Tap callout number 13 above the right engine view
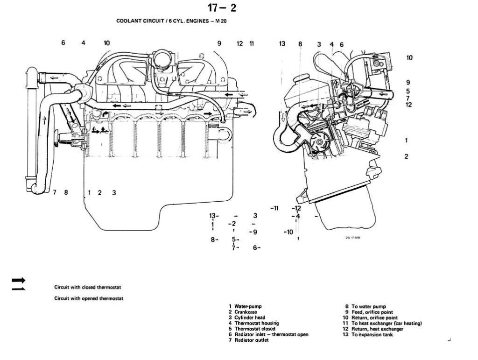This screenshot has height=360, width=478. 282,43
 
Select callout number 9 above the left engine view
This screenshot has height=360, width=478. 219,43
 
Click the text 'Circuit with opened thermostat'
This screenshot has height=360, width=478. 89,298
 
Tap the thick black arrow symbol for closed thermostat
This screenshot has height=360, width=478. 18,280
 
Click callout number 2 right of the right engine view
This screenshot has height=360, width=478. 406,156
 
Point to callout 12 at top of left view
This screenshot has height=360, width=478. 240,43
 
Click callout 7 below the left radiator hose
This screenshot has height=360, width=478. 55,192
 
